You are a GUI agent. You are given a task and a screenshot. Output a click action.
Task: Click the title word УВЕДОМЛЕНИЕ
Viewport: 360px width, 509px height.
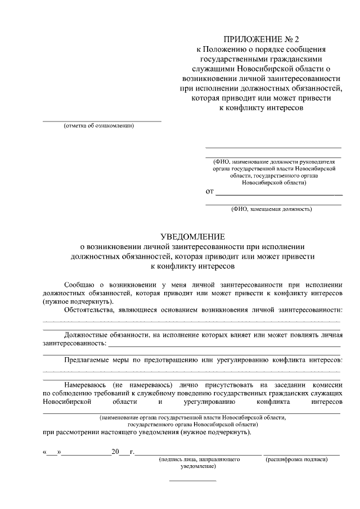coord(193,236)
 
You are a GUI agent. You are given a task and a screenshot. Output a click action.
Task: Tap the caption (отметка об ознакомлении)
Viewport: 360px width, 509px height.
coord(99,125)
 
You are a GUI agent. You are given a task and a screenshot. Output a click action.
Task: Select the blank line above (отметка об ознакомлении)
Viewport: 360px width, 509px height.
coord(102,121)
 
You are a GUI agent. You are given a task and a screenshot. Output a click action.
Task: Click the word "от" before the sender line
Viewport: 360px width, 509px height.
coord(210,192)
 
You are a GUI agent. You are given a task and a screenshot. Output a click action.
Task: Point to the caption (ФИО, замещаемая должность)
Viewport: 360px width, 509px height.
coord(272,209)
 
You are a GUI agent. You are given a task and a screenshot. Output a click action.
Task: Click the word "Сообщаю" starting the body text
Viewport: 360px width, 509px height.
coord(80,284)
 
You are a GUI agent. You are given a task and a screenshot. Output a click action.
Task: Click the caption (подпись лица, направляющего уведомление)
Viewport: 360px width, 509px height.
coord(199,463)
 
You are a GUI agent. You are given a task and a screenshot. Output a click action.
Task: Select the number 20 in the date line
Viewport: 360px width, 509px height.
coord(115,452)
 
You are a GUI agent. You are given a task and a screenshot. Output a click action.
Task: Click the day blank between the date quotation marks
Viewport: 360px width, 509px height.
coord(52,452)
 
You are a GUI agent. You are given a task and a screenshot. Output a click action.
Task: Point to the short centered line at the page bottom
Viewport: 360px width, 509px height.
coord(193,480)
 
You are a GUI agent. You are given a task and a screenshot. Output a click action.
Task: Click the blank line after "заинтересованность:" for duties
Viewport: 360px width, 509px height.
coord(224,343)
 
